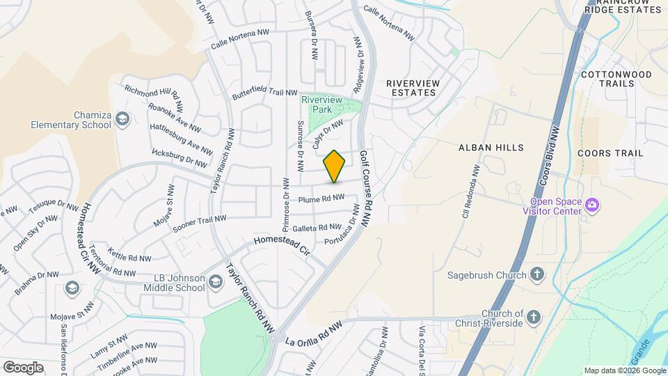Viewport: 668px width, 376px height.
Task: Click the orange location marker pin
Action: [335, 166]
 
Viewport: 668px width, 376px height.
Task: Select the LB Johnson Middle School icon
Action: [215, 281]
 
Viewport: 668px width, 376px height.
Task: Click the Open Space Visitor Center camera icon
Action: [592, 205]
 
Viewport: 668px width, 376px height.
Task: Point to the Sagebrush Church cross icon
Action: [536, 274]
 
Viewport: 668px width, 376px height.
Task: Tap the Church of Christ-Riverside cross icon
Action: [534, 318]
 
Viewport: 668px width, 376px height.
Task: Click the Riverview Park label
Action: [321, 104]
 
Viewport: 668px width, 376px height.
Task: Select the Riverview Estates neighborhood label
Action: [413, 88]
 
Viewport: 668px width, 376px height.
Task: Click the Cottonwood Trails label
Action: [607, 79]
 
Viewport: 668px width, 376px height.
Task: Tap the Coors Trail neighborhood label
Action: [610, 152]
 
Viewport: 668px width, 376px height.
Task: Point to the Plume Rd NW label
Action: [321, 198]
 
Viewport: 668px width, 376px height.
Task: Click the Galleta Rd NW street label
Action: [317, 228]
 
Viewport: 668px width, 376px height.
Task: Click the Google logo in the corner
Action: [23, 367]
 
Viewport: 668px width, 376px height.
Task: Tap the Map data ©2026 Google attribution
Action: [624, 370]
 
